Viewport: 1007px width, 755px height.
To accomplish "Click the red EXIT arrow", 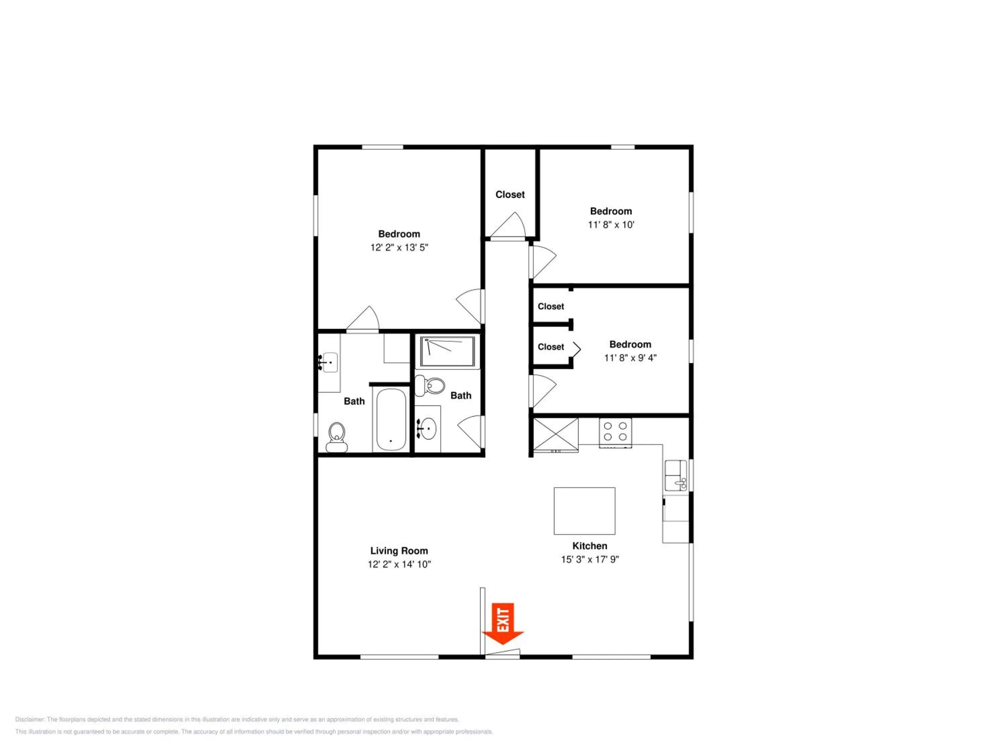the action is click(503, 623).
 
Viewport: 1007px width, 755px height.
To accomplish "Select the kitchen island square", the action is click(584, 511).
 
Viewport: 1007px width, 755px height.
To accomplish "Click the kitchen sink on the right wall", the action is click(676, 475).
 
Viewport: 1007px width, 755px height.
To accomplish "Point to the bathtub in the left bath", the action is click(391, 419).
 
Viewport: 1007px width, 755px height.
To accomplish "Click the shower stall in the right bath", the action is click(447, 351).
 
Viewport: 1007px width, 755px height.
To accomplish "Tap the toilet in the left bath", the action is click(337, 437).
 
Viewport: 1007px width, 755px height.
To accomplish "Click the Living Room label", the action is click(399, 551).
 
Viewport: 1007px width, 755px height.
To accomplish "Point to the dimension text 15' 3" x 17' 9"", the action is click(590, 559).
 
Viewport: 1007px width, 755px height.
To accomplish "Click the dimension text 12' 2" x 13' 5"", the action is click(399, 248).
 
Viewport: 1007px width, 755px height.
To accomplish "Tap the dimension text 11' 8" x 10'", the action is click(611, 225).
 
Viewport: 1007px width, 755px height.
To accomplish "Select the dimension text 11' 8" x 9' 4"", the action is click(630, 358).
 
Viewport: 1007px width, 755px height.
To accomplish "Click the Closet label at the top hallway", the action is click(510, 195).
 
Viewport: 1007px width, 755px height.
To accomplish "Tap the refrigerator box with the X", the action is click(556, 435).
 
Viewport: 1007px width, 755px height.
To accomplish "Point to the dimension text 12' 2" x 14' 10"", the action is click(399, 564).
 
